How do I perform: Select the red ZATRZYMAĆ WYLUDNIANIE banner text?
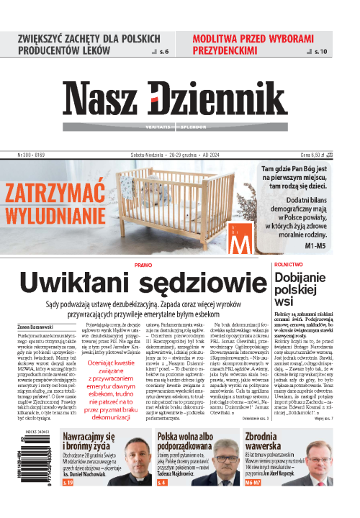pos(55,203)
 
